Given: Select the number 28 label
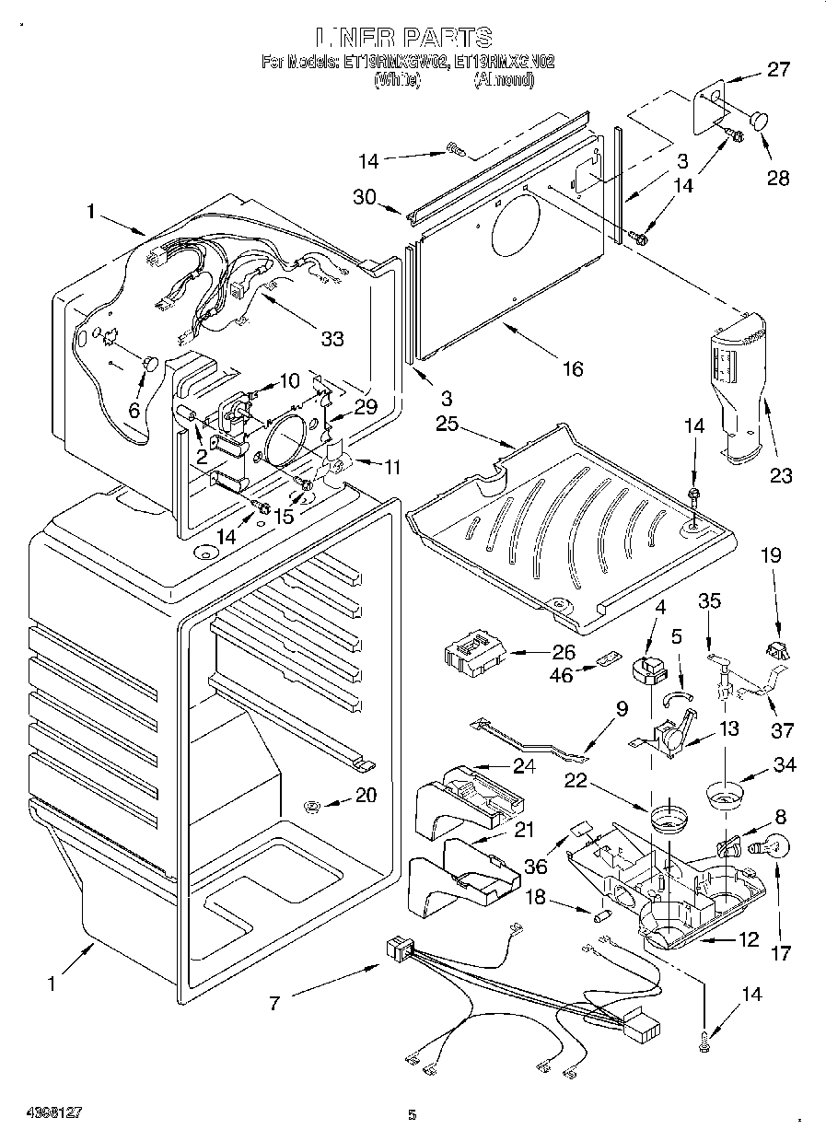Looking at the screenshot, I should coord(778,178).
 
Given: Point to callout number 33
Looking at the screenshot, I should coord(332,338).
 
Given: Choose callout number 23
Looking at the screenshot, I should coord(781,475).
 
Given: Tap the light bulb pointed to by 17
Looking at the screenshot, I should coord(772,844).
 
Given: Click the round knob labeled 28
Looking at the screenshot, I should coord(761,120).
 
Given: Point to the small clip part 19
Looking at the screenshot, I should coord(779,650).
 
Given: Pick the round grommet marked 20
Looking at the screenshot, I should coord(313,808).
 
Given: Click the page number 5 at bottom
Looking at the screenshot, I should coord(412,1115).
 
